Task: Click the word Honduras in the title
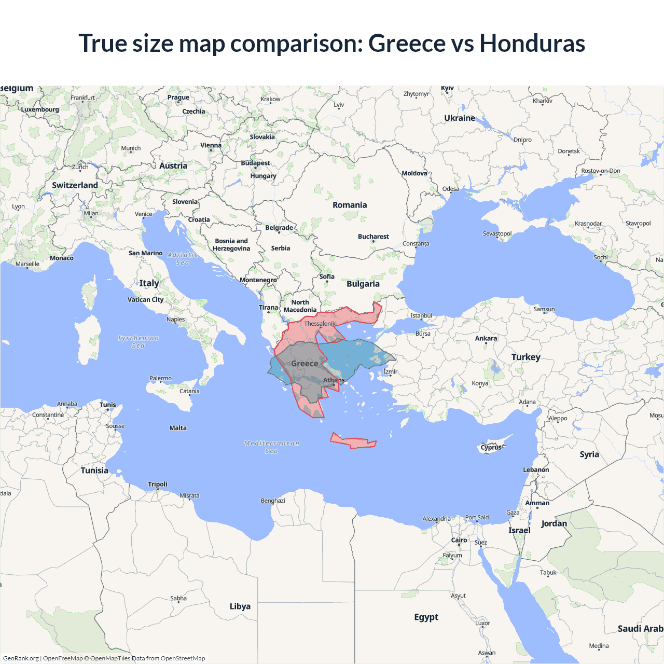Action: [532, 43]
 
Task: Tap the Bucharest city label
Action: [373, 237]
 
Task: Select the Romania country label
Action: [350, 205]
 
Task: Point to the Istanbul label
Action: [421, 315]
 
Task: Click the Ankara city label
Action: [486, 338]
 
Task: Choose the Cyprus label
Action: [491, 447]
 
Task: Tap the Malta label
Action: [178, 428]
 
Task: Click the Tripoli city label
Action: [158, 484]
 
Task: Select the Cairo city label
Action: [459, 540]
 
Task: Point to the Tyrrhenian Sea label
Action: [138, 341]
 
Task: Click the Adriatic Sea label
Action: [183, 258]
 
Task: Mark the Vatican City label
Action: [145, 299]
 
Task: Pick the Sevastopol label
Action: [497, 233]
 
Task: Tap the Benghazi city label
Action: [273, 501]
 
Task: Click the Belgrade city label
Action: [279, 228]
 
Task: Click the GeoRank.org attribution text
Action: [21, 658]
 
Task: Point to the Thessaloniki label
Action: [321, 324]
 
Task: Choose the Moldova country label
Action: [414, 173]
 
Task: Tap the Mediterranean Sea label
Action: [272, 447]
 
